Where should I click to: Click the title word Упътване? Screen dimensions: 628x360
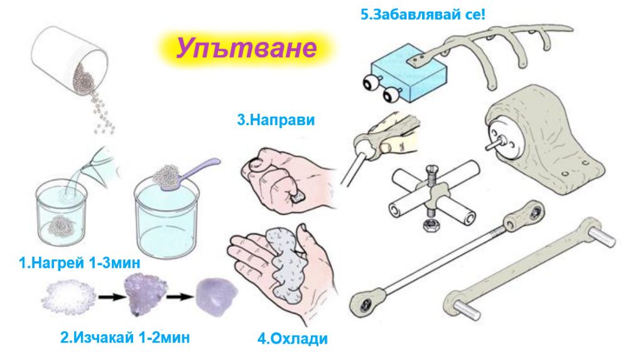point(247,47)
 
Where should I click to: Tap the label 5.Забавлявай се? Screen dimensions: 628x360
point(423,14)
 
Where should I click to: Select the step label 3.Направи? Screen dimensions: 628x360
point(276,119)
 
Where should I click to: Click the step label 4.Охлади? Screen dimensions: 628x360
point(293,339)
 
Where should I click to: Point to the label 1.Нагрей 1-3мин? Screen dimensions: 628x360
point(80,263)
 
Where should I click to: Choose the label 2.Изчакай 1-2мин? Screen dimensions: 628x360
point(125,337)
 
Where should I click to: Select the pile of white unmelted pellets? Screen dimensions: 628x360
point(68,297)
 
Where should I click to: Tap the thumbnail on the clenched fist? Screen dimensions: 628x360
point(255,163)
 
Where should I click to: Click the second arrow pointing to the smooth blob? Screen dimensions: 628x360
point(180,297)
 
